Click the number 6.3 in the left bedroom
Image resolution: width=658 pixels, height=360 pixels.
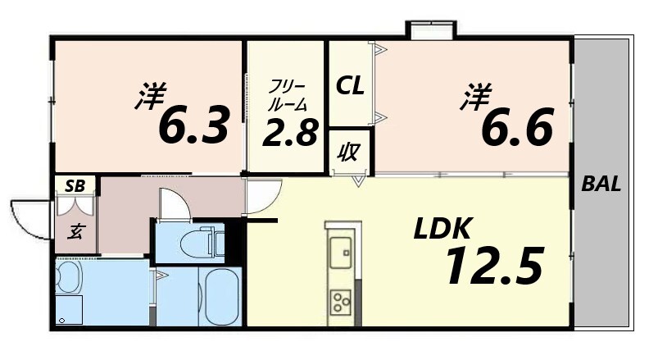[192, 125]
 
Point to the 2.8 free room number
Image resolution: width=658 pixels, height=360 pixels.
[289, 131]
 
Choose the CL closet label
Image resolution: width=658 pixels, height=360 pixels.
[350, 84]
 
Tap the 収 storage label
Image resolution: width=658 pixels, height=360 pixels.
[349, 153]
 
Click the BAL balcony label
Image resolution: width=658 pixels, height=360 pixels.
[601, 185]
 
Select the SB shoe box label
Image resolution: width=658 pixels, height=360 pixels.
[76, 185]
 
